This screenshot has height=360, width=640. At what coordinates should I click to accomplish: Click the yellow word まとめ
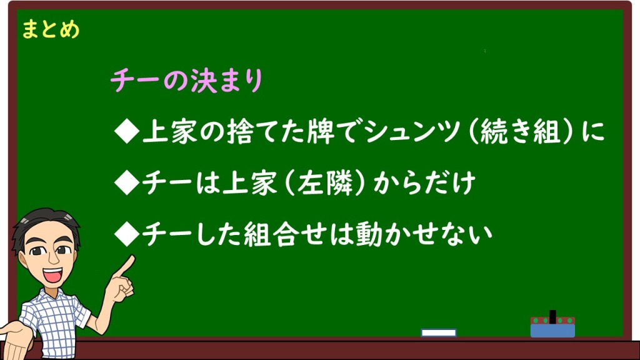tap(51, 29)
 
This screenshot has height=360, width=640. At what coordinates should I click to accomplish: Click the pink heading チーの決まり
tap(186, 80)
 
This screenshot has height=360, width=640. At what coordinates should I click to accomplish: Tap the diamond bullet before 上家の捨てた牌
tap(127, 132)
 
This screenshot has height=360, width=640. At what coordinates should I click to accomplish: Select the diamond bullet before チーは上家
tap(127, 182)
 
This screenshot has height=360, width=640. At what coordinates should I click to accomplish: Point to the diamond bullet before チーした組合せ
tap(127, 234)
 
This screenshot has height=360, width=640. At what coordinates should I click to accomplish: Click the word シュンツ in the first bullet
tap(412, 132)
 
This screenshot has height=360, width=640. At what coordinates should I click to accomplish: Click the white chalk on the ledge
tap(438, 332)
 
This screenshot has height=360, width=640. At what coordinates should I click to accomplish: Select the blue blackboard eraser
tap(552, 327)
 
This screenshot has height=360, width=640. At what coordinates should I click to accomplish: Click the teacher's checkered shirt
tap(55, 322)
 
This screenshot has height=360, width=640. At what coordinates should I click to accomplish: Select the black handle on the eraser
tap(552, 317)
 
